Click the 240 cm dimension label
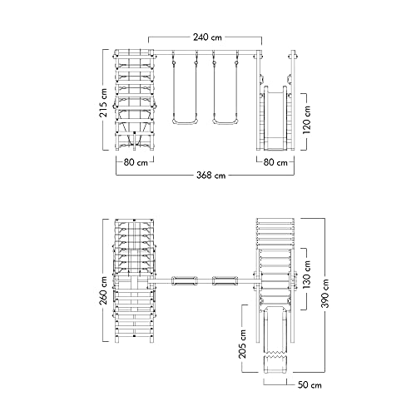point(207,37)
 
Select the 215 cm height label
point(103,103)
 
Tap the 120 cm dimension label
point(307,120)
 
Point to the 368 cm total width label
point(210,176)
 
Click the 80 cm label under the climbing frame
point(136,162)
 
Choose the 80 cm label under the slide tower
point(275,162)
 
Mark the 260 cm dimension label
point(103,290)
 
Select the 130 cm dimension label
point(307,275)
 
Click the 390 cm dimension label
point(324,294)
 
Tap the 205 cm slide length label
point(242,344)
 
